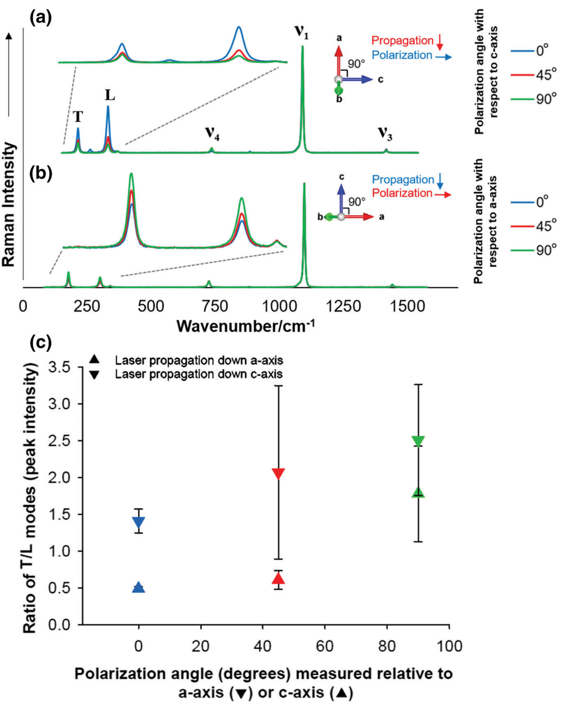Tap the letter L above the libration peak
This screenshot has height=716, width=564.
[x=110, y=96]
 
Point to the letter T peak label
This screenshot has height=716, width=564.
[x=78, y=117]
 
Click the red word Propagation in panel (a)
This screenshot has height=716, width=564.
[x=402, y=41]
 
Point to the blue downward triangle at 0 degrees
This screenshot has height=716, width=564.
[x=139, y=523]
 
